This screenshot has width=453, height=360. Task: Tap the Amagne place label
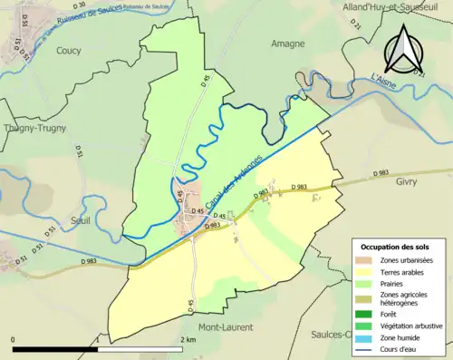(288, 43)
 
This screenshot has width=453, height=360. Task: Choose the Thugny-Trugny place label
(32, 129)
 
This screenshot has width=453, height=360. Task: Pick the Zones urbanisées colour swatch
(364, 260)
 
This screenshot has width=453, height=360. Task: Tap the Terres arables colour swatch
(364, 271)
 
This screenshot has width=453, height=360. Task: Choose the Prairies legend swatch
(364, 282)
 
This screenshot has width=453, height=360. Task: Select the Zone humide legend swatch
(364, 337)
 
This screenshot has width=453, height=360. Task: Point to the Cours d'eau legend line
(364, 348)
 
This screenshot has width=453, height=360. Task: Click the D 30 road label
(79, 6)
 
